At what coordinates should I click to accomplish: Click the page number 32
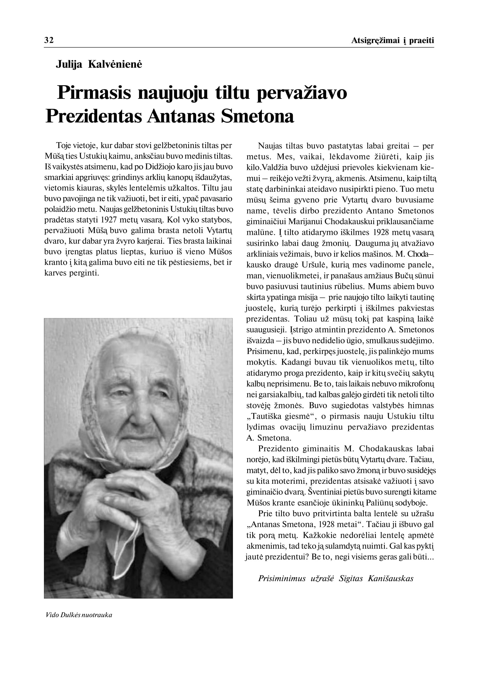pos(49,40)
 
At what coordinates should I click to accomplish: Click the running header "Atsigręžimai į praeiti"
pos(392,41)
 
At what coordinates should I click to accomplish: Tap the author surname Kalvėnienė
pos(115,65)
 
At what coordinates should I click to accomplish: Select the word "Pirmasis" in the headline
pos(94,93)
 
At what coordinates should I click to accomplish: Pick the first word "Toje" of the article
pos(63,146)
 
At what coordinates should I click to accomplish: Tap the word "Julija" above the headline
pos(69,65)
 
